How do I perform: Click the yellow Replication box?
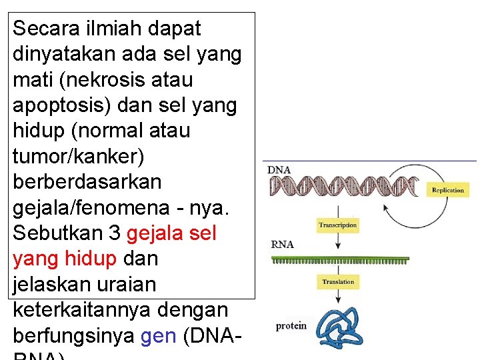(447, 190)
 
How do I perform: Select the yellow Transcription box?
(338, 225)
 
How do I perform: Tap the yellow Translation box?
(338, 281)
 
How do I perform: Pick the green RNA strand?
(340, 260)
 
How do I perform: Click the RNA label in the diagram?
(283, 245)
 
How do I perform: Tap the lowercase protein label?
(291, 326)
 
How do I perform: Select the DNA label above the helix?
(279, 170)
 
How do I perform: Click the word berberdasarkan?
(87, 181)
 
